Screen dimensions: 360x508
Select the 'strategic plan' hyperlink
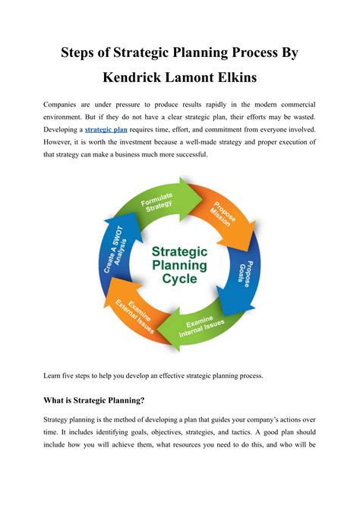106,130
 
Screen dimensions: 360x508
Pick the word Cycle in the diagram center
180,279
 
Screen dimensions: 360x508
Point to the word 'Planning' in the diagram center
180,263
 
